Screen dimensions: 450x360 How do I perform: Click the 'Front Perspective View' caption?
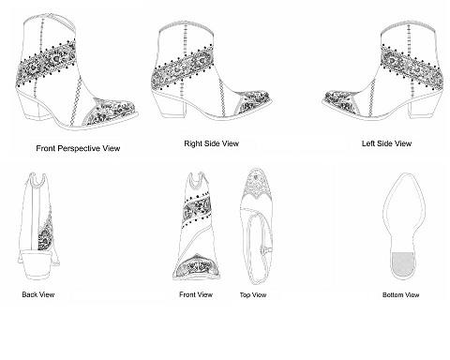pyautogui.click(x=78, y=148)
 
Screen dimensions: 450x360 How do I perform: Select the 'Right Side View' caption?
pyautogui.click(x=211, y=143)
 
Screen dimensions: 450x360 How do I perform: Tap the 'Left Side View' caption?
pyautogui.click(x=386, y=143)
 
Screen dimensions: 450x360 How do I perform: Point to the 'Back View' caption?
pyautogui.click(x=38, y=294)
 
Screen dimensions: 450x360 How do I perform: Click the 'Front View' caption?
pyautogui.click(x=196, y=294)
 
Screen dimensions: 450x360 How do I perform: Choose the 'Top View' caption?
pyautogui.click(x=253, y=294)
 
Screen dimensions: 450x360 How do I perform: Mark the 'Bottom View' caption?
pyautogui.click(x=401, y=294)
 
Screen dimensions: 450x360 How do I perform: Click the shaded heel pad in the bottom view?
pyautogui.click(x=402, y=264)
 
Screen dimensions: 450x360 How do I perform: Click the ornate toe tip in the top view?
pyautogui.click(x=258, y=184)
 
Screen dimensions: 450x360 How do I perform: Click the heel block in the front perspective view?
pyautogui.click(x=30, y=104)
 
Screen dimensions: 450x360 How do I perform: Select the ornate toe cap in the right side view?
pyautogui.click(x=254, y=101)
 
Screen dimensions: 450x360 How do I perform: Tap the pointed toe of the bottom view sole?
pyautogui.click(x=405, y=174)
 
